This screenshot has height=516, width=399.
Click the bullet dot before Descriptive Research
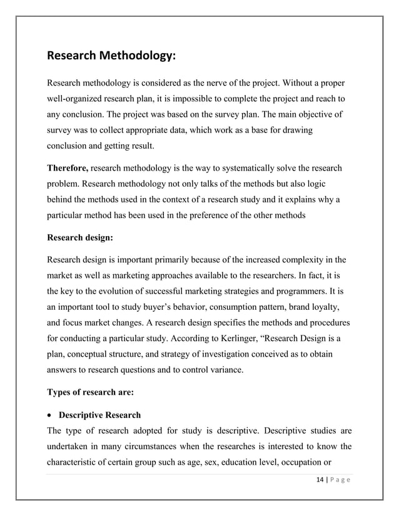(x=50, y=415)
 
